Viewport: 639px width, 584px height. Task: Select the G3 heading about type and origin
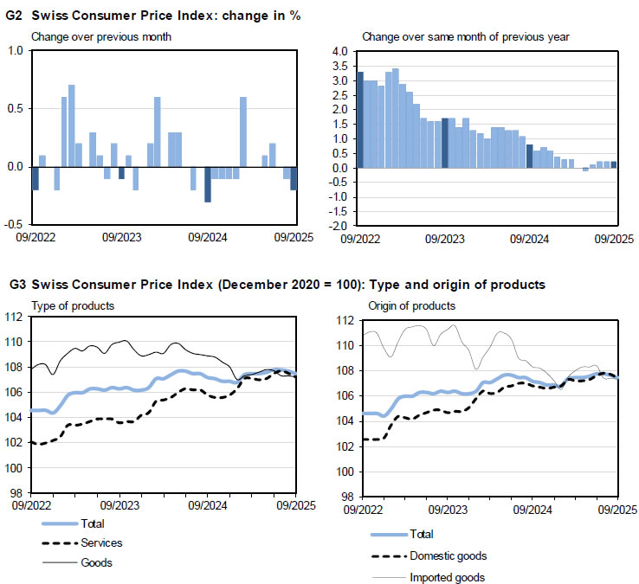(277, 284)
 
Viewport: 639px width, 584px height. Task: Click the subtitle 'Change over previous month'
(101, 36)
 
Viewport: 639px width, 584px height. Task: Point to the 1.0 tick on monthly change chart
(16, 51)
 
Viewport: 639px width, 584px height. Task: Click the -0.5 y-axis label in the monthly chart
(14, 224)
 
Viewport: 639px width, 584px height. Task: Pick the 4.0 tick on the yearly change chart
(340, 52)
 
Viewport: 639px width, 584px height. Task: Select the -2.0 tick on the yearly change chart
(339, 225)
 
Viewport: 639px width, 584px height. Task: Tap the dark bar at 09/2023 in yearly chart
(445, 143)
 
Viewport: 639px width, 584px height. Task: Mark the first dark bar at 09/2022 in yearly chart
(360, 119)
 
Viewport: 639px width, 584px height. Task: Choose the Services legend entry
(100, 542)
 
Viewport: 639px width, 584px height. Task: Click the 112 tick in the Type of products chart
(16, 318)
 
